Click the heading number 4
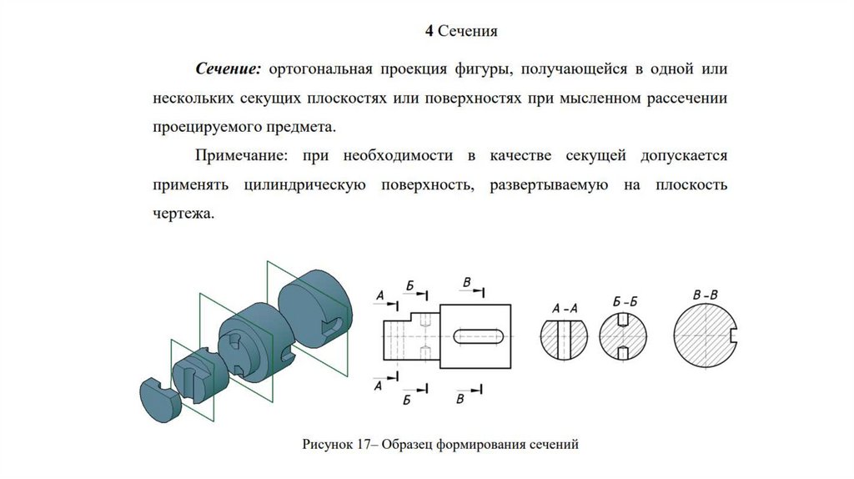(429, 32)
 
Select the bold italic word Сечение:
(229, 67)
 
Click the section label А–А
(565, 310)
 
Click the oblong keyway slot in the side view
(479, 335)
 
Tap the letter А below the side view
(379, 386)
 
